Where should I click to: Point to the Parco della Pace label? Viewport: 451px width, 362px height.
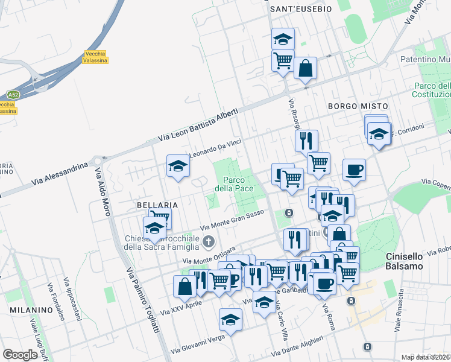[238, 183]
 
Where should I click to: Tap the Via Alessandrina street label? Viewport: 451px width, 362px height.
[64, 172]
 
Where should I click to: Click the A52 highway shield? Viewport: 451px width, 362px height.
[13, 95]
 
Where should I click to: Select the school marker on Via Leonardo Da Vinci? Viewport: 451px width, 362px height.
[178, 165]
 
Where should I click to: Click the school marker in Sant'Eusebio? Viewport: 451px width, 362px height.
[283, 38]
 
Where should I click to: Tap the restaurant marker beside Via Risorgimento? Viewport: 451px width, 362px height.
[306, 140]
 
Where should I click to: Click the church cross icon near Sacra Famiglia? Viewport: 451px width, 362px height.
[209, 242]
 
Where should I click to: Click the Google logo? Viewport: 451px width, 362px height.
[20, 355]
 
